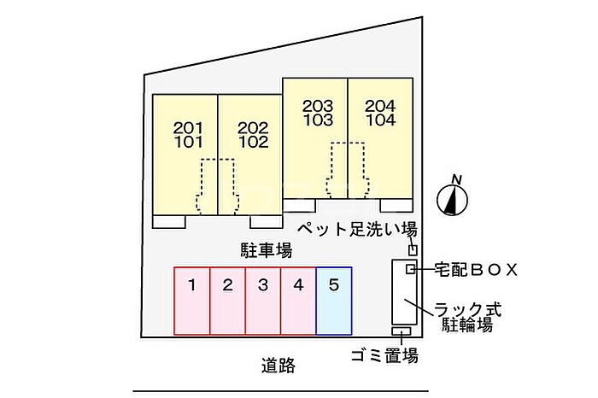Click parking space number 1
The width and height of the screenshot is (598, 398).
pyautogui.click(x=192, y=301)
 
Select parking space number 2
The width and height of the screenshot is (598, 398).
pyautogui.click(x=227, y=301)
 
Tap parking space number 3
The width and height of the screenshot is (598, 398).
pyautogui.click(x=263, y=301)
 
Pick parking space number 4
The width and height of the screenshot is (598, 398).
pyautogui.click(x=298, y=301)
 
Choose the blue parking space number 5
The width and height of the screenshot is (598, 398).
pyautogui.click(x=334, y=301)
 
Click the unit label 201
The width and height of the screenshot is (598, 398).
pyautogui.click(x=189, y=128)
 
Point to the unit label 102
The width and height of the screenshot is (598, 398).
pyautogui.click(x=254, y=142)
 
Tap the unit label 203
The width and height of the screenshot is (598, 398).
pyautogui.click(x=318, y=106)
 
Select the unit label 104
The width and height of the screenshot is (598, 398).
pyautogui.click(x=381, y=120)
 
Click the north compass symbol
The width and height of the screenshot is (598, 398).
pyautogui.click(x=452, y=200)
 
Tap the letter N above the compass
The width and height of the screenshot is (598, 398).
pyautogui.click(x=456, y=179)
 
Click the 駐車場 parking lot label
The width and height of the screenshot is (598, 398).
pyautogui.click(x=267, y=250)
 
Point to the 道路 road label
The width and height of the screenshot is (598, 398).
pyautogui.click(x=278, y=366)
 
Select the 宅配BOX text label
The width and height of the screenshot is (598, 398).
pyautogui.click(x=476, y=270)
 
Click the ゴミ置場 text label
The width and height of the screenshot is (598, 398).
pyautogui.click(x=384, y=355)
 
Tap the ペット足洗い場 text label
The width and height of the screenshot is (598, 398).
pyautogui.click(x=357, y=230)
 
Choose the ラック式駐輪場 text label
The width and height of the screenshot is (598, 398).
pyautogui.click(x=467, y=317)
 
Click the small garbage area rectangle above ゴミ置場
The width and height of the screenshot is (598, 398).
pyautogui.click(x=402, y=331)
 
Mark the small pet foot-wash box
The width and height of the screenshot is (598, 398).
pyautogui.click(x=413, y=250)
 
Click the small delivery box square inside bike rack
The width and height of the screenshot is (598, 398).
pyautogui.click(x=410, y=269)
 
